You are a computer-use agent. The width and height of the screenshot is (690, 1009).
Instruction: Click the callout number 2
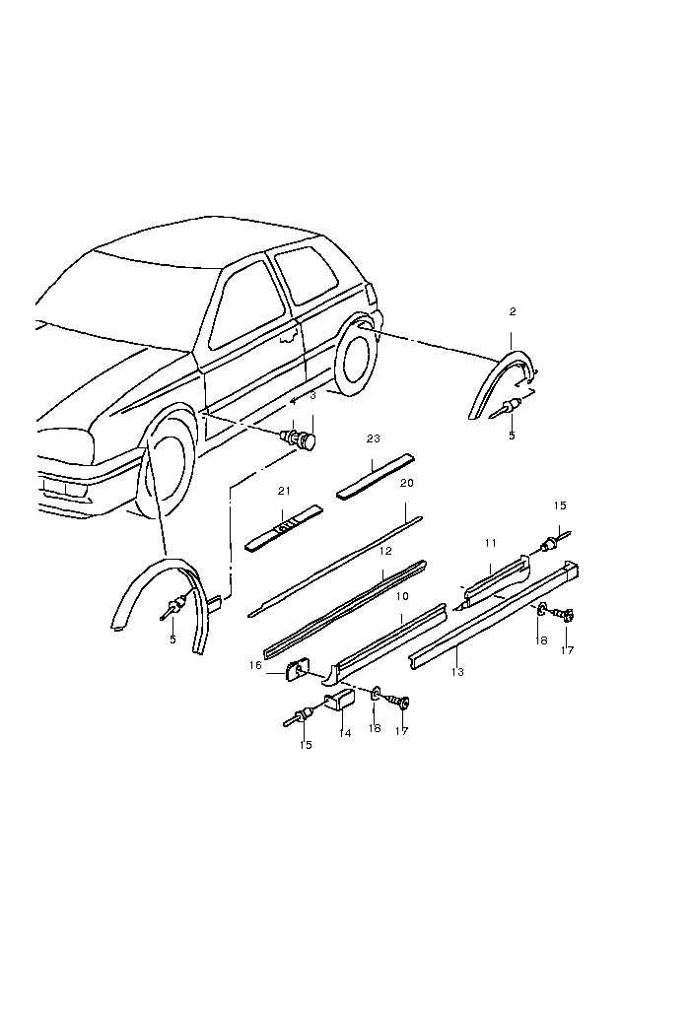point(513,311)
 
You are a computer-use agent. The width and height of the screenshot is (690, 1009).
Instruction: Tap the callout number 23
point(373,437)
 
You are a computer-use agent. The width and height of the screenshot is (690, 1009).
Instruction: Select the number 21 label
point(284,491)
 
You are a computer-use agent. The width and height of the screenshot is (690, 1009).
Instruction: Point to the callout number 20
point(407,483)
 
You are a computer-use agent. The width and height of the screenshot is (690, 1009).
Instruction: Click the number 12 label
point(386,551)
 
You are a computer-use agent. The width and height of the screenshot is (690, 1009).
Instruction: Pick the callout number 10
point(402,597)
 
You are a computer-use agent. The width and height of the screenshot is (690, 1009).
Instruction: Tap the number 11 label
point(490,543)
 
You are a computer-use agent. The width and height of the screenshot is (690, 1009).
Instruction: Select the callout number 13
point(457,672)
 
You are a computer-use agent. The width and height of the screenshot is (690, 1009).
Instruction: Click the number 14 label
point(344,733)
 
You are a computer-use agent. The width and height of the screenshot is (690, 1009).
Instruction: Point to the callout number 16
point(256,666)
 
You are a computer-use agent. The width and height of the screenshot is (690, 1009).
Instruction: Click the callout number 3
point(312,395)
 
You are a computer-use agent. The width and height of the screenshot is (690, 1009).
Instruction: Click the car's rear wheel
point(355,360)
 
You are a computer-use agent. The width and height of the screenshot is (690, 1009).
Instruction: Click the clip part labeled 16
point(295,672)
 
